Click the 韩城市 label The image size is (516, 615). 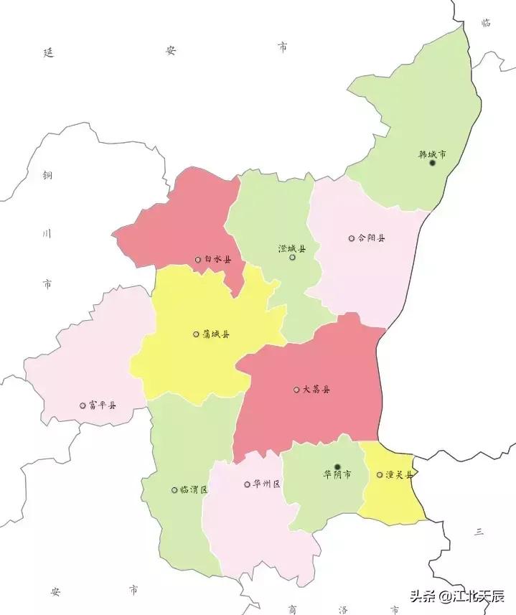432,154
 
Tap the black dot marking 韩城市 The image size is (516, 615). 432,163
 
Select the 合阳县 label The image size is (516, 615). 371,238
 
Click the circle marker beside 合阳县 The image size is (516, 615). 351,238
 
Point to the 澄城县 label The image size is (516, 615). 292,248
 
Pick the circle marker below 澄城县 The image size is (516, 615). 292,257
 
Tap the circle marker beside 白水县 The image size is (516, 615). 197,260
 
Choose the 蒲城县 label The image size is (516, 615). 216,334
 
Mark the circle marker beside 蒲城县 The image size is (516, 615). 196,334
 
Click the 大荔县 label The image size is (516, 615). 316,390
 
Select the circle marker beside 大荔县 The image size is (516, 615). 296,390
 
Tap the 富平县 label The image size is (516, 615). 103,405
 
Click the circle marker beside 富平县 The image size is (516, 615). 83,405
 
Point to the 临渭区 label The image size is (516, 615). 194,490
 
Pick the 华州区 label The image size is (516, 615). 266,484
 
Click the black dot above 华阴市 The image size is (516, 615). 337,466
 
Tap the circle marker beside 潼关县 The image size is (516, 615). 380,474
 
